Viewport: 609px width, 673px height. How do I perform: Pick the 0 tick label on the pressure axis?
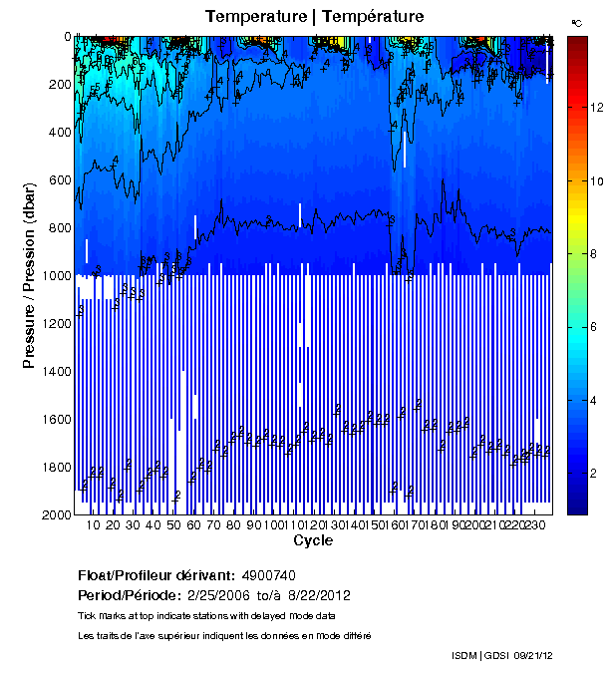(67, 37)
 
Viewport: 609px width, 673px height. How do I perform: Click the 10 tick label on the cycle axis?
(93, 524)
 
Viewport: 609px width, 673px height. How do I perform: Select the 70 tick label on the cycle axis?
(213, 524)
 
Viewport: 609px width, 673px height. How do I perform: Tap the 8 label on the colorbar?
(595, 255)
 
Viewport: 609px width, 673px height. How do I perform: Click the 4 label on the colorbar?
(595, 402)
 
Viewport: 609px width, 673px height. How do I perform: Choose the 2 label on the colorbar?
(595, 477)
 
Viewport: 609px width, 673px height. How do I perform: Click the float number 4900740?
(268, 575)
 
